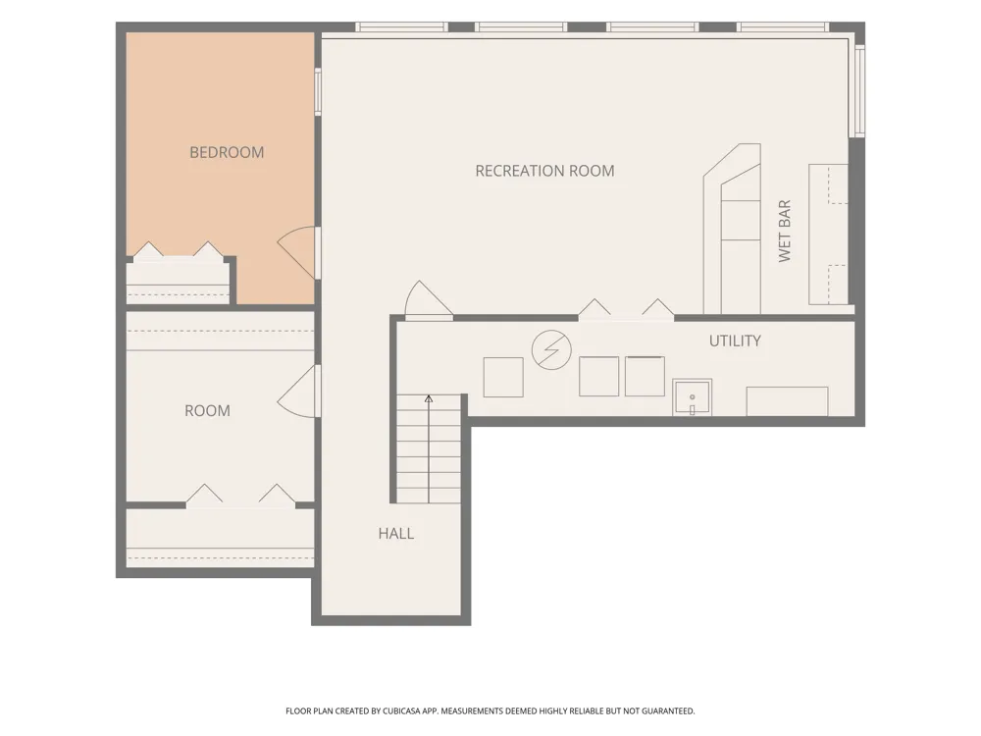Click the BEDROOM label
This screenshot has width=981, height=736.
click(x=227, y=152)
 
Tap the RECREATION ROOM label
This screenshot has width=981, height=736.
click(x=544, y=171)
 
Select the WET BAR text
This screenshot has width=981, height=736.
click(x=785, y=231)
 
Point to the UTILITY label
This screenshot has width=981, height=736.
click(x=735, y=342)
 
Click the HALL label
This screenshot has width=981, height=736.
click(x=396, y=534)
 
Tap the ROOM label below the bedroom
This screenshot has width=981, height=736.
click(x=207, y=411)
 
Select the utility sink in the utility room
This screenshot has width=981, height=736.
click(x=692, y=396)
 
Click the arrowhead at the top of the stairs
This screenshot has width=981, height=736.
click(x=429, y=398)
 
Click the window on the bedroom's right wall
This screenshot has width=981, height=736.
click(x=318, y=92)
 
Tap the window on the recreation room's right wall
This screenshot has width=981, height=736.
click(x=859, y=90)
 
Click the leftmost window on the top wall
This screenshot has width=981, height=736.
click(x=401, y=26)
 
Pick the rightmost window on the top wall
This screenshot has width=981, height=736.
click(x=783, y=26)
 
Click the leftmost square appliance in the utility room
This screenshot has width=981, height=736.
click(x=503, y=378)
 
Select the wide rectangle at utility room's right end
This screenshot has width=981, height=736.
click(x=787, y=401)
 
